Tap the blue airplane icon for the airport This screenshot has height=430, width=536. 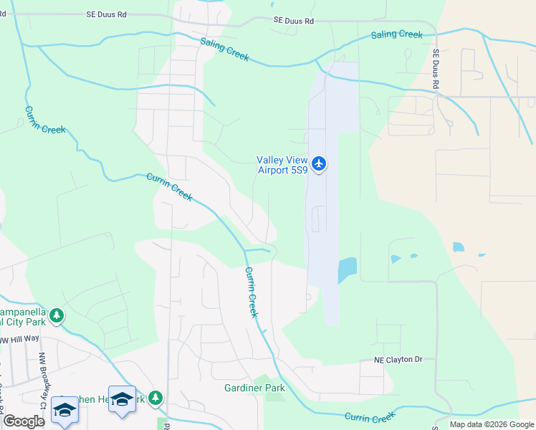click(319, 164)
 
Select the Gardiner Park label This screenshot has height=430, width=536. click(254, 388)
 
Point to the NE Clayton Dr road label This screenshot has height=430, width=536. click(398, 360)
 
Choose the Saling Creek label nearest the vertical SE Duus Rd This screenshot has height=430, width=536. click(397, 34)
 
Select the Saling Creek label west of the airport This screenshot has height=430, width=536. click(224, 49)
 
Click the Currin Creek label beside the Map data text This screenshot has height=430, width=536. click(370, 416)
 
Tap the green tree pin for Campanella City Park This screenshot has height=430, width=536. click(57, 315)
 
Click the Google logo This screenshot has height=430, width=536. click(24, 421)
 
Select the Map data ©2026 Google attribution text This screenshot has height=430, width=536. click(492, 424)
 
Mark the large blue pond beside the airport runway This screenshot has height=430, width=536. click(346, 270)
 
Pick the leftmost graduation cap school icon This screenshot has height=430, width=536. click(64, 411)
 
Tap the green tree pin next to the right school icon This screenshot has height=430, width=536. click(155, 398)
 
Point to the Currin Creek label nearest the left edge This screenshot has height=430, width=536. click(45, 120)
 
